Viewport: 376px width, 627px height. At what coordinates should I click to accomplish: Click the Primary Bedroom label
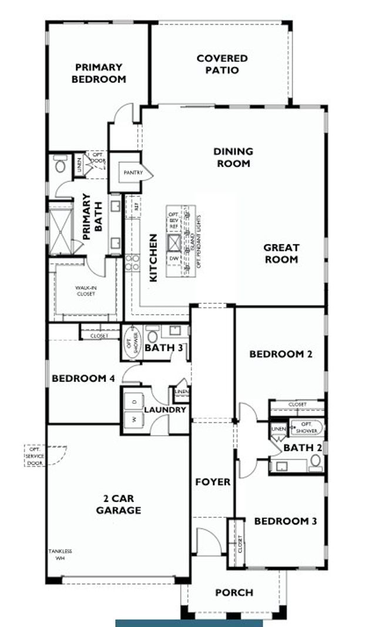(x=99, y=73)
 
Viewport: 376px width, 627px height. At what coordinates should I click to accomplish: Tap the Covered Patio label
(x=222, y=65)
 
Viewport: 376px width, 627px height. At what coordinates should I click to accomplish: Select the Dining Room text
(x=233, y=157)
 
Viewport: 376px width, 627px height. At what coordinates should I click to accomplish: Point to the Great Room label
(x=281, y=253)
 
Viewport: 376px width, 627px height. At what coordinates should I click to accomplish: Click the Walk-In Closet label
(x=86, y=291)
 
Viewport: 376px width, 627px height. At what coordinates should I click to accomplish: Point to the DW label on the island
(x=174, y=259)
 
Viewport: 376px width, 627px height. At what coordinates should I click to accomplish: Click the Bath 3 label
(x=164, y=348)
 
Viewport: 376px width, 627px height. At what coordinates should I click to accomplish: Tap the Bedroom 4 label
(x=83, y=378)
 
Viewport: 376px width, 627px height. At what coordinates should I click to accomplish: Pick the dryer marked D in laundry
(x=133, y=401)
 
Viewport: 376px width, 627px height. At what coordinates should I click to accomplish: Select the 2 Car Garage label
(x=119, y=504)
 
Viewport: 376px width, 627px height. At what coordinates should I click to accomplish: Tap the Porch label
(x=233, y=592)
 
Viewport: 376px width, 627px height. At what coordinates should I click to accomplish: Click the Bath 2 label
(x=302, y=448)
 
